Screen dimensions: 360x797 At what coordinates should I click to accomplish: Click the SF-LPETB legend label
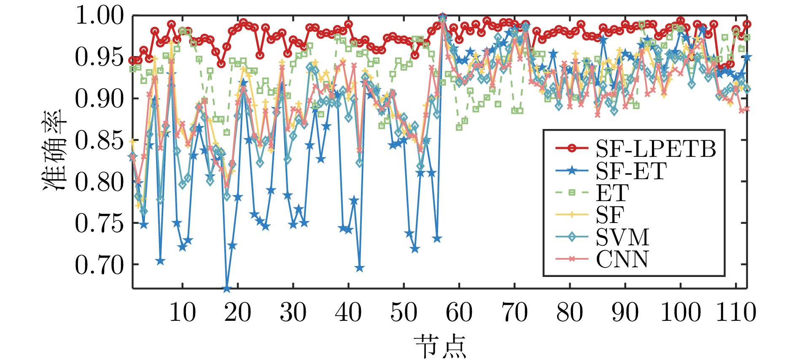click(x=655, y=148)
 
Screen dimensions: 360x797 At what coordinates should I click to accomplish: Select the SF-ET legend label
click(x=631, y=171)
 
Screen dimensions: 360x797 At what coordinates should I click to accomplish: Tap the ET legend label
click(x=612, y=193)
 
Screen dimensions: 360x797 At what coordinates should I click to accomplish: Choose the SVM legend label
click(x=622, y=237)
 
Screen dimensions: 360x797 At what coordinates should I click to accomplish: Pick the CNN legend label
click(x=622, y=259)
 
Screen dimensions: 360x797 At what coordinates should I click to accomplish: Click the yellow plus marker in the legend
click(x=572, y=215)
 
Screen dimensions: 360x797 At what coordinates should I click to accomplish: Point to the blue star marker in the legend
click(x=572, y=171)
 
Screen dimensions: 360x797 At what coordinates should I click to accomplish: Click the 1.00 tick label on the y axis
click(x=100, y=16)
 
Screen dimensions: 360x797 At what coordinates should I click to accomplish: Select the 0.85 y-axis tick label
click(x=100, y=140)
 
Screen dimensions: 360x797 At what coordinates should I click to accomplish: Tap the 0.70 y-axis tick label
click(x=100, y=265)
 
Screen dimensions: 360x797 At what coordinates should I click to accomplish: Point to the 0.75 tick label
click(x=100, y=223)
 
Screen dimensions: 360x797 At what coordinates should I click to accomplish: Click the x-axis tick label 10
click(x=182, y=313)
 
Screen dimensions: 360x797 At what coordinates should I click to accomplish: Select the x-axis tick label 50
click(x=404, y=313)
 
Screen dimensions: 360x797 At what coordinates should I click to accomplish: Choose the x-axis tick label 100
click(x=680, y=313)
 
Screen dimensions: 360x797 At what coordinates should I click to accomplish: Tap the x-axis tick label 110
click(x=736, y=313)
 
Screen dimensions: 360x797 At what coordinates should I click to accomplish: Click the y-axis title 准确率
click(x=55, y=150)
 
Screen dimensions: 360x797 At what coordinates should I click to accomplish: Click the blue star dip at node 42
click(x=359, y=268)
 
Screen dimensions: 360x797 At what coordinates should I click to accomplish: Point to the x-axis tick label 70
click(x=514, y=313)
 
